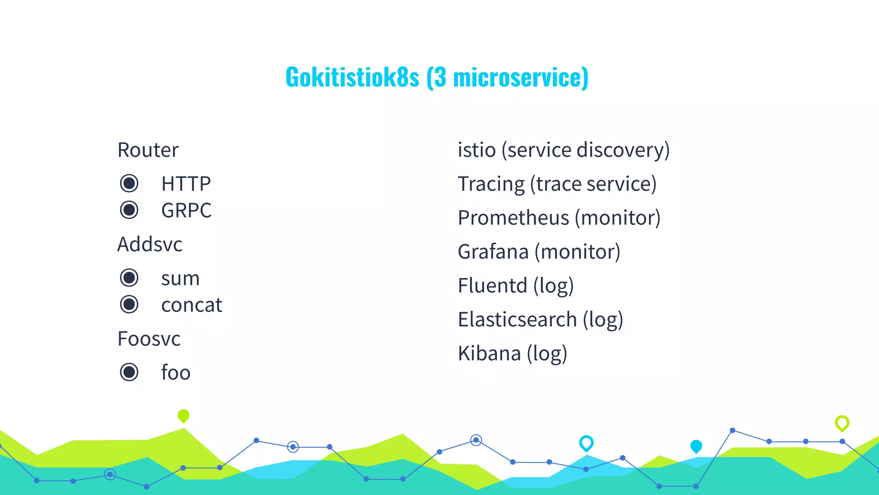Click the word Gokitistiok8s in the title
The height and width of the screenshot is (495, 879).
click(352, 77)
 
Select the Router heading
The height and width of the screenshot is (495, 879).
click(148, 150)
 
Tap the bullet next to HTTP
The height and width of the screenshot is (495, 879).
click(129, 183)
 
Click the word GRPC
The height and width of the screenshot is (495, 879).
click(186, 211)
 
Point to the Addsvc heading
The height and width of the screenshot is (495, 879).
click(150, 244)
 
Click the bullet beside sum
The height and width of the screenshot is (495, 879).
click(129, 278)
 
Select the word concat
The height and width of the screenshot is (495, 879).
click(191, 305)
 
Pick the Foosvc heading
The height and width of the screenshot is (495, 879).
click(149, 339)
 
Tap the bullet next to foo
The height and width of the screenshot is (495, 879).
click(129, 372)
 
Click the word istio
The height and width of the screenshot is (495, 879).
click(477, 150)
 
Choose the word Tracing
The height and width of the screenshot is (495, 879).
click(491, 184)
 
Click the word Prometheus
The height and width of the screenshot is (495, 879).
click(513, 218)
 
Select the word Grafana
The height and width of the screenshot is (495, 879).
click(493, 252)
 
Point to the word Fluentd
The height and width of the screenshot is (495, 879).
click(492, 286)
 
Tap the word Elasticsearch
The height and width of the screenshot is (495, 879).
click(517, 320)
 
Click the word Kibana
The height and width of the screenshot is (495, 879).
click(489, 354)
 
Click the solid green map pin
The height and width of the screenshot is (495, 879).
click(183, 416)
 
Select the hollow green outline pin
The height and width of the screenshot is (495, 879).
click(842, 423)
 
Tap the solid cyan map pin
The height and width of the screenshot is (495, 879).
click(696, 446)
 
